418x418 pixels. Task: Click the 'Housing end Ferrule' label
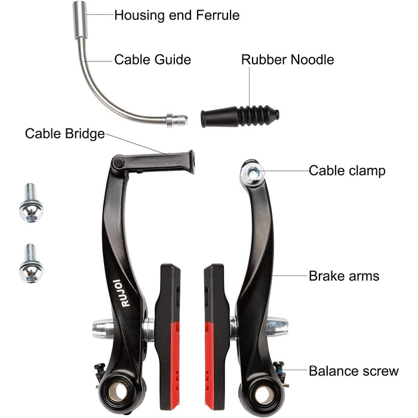tap(177, 15)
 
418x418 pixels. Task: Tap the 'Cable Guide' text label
tap(152, 60)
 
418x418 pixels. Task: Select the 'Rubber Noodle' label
tap(287, 60)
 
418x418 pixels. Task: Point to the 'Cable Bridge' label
tap(64, 133)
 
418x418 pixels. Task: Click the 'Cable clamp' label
tap(347, 171)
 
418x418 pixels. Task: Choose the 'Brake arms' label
tap(344, 276)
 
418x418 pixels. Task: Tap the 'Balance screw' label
tap(354, 371)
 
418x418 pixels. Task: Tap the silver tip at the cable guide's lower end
tap(177, 120)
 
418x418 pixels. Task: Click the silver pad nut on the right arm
tap(277, 327)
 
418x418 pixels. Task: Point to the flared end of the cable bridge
tap(190, 161)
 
